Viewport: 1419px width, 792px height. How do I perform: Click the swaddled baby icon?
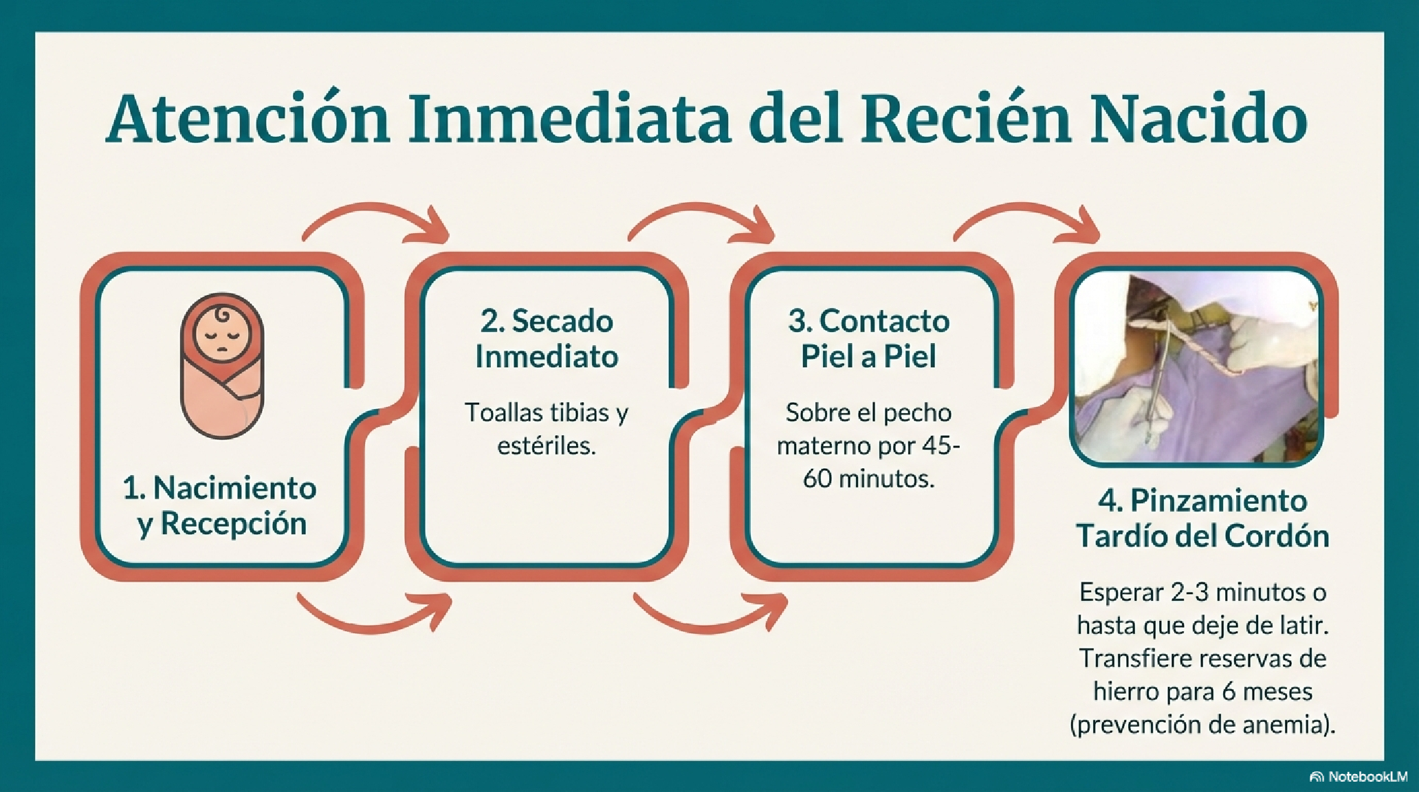[x=222, y=365]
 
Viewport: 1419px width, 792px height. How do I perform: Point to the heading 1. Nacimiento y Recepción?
[x=220, y=505]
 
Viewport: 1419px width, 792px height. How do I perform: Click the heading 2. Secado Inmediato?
[x=547, y=338]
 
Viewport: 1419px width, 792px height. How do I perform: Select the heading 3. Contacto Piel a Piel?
[x=869, y=338]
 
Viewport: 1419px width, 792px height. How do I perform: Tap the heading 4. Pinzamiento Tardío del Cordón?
[x=1202, y=518]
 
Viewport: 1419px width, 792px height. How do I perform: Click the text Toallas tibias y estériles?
[x=547, y=428]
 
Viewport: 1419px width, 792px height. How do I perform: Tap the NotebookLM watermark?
[x=1358, y=777]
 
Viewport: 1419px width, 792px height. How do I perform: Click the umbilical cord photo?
[x=1197, y=368]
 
